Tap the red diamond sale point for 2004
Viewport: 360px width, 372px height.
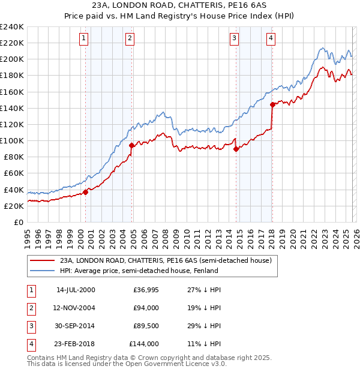pyautogui.click(x=131, y=145)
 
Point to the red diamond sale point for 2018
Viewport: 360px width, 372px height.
pyautogui.click(x=272, y=104)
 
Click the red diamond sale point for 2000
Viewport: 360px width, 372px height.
pyautogui.click(x=85, y=192)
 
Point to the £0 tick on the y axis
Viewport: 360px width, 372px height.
pyautogui.click(x=18, y=222)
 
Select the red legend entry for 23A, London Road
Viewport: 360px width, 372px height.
pyautogui.click(x=166, y=260)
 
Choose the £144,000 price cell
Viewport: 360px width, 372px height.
pyautogui.click(x=144, y=344)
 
